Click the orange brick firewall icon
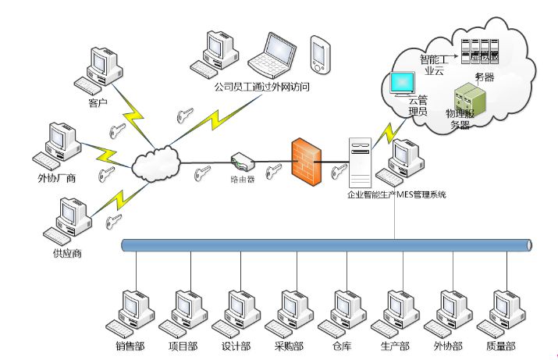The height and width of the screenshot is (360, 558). click(x=306, y=160)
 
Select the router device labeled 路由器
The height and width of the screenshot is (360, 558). click(x=243, y=163)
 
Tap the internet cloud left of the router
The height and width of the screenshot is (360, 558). click(x=155, y=164)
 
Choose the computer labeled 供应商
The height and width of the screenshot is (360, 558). click(x=65, y=221)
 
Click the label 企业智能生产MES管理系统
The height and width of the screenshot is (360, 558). click(x=396, y=194)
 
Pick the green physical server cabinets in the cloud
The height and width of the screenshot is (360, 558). click(x=471, y=99)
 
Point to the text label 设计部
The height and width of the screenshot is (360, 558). click(x=236, y=346)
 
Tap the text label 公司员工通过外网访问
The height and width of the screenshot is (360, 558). click(x=261, y=87)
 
